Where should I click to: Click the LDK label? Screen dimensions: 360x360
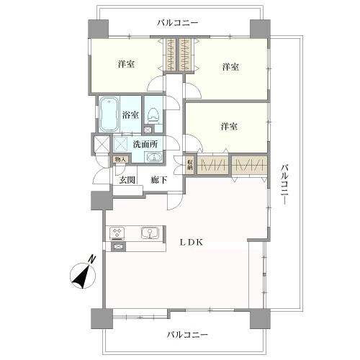191,243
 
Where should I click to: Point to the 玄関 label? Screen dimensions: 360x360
127,180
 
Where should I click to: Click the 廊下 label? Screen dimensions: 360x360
159,180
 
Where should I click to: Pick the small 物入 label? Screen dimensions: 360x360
120,160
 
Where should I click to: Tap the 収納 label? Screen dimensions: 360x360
190,164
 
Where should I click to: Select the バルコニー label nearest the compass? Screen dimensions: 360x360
187,335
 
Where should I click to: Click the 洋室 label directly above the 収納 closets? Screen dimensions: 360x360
229,127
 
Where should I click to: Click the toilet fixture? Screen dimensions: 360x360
153,112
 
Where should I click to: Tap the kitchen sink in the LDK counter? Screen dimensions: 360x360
150,233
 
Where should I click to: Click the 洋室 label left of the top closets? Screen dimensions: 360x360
126,65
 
